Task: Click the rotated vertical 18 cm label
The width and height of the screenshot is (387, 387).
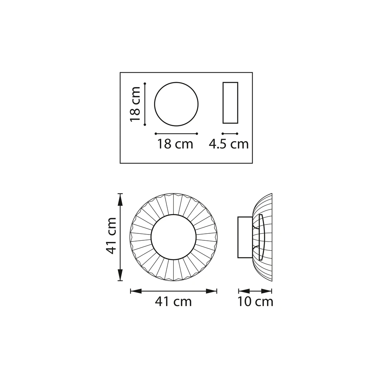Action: point(135,104)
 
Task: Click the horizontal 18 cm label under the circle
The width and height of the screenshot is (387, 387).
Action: point(175,144)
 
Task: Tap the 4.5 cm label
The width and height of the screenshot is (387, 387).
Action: point(229,144)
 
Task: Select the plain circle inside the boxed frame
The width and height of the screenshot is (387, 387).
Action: point(176,104)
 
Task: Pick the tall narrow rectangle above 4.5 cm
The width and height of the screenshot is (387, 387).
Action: point(230,103)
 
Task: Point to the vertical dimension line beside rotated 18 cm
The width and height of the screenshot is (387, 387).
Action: point(144,104)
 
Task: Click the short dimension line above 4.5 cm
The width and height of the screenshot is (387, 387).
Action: point(230,134)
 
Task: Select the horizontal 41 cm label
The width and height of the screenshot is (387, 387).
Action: point(173,301)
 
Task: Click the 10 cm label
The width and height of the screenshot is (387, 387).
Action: point(255,301)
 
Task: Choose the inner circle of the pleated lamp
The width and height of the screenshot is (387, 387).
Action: point(173,237)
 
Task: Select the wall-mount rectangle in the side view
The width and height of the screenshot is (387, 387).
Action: point(245,237)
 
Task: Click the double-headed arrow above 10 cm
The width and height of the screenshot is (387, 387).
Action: point(255,291)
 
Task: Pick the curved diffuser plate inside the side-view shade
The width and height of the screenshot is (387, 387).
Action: point(261,237)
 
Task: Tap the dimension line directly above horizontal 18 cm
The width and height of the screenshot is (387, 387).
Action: point(176,134)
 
